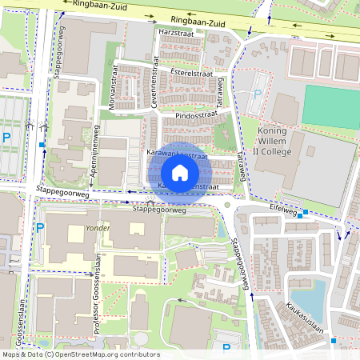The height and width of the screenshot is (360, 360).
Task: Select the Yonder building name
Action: coord(97,228)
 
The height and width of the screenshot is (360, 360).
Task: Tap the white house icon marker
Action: coord(179,173)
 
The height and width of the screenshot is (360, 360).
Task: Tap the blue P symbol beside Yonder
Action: coord(40,228)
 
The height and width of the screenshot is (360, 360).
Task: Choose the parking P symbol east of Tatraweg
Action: coord(258,94)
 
